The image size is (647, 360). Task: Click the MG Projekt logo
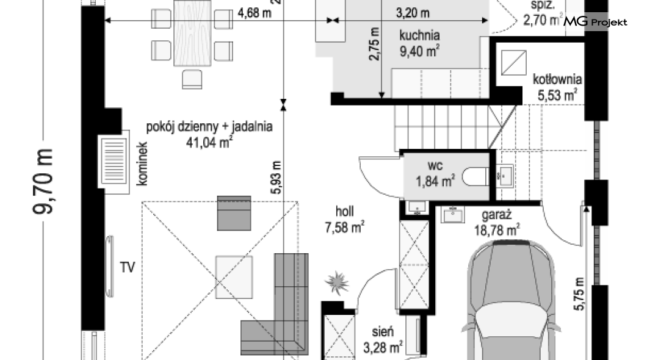point(595,21)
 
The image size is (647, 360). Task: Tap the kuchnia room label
point(419,35)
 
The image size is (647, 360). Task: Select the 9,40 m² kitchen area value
point(419,51)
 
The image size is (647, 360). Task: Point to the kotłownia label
point(557,79)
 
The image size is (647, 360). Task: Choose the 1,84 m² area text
point(435,180)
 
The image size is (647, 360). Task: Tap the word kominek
point(142,164)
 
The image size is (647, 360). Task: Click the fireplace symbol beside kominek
point(114,161)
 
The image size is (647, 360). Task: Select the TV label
point(127,268)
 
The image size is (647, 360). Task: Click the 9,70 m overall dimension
point(43,182)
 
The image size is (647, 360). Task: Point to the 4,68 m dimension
point(254,13)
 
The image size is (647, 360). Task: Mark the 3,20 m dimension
point(413,13)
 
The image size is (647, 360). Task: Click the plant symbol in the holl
point(337,283)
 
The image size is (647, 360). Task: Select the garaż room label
point(497,215)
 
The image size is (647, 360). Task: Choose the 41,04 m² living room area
point(209,142)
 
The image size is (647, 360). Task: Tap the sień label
point(383,331)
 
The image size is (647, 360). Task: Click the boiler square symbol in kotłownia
point(514,63)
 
